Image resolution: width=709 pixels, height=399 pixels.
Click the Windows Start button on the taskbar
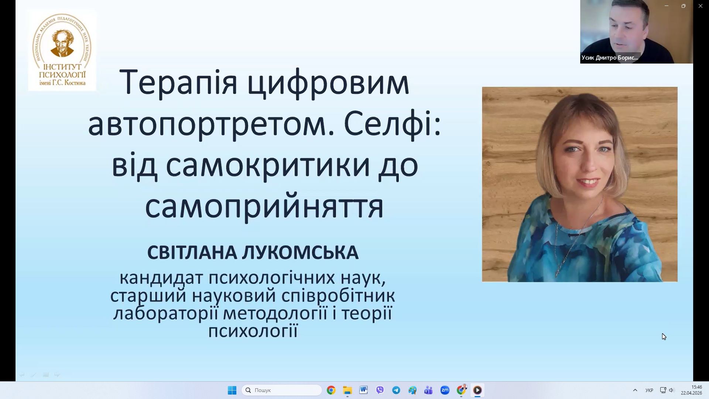click(x=232, y=390)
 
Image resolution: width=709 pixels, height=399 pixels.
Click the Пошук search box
click(x=282, y=390)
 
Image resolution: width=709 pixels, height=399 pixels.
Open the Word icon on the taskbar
click(x=363, y=390)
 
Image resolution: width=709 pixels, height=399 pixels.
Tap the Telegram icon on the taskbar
click(x=396, y=390)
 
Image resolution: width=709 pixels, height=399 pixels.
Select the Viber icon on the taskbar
click(x=380, y=390)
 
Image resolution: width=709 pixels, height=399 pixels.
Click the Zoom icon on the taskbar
click(x=445, y=390)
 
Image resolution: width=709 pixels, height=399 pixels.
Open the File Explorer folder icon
click(x=347, y=390)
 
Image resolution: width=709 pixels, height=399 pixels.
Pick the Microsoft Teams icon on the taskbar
click(x=428, y=390)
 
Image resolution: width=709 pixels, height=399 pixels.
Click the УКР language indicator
click(x=649, y=390)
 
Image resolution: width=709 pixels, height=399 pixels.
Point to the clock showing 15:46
click(x=697, y=387)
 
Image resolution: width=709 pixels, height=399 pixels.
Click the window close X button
click(x=701, y=6)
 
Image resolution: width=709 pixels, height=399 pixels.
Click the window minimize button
click(x=667, y=6)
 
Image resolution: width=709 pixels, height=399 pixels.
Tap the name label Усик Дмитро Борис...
click(x=610, y=58)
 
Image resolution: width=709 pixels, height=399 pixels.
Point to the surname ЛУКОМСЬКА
click(x=300, y=253)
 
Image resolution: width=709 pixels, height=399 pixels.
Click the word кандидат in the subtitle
click(x=161, y=278)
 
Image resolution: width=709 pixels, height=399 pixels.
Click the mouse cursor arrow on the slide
click(x=664, y=337)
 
